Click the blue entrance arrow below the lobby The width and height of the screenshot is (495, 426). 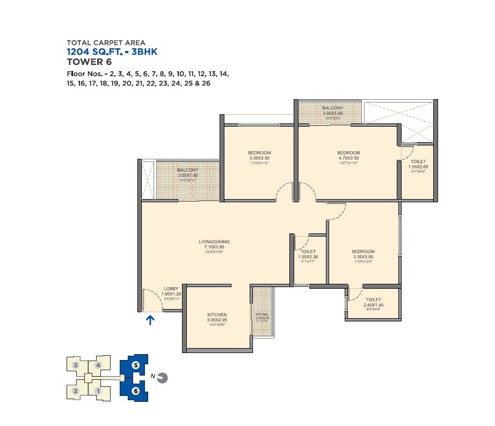point(151,320)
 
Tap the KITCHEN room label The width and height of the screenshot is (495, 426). point(217,315)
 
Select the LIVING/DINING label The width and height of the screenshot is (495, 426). point(214,242)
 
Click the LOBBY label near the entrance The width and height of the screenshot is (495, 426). point(171,289)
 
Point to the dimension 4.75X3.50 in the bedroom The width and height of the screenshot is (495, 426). point(348,158)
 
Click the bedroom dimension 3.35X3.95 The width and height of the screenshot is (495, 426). point(363,257)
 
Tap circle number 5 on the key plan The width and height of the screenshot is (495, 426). point(135,365)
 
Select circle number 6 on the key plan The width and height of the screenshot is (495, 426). point(135,391)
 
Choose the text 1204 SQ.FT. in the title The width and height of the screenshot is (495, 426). point(96,52)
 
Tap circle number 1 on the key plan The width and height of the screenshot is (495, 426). point(98,391)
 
